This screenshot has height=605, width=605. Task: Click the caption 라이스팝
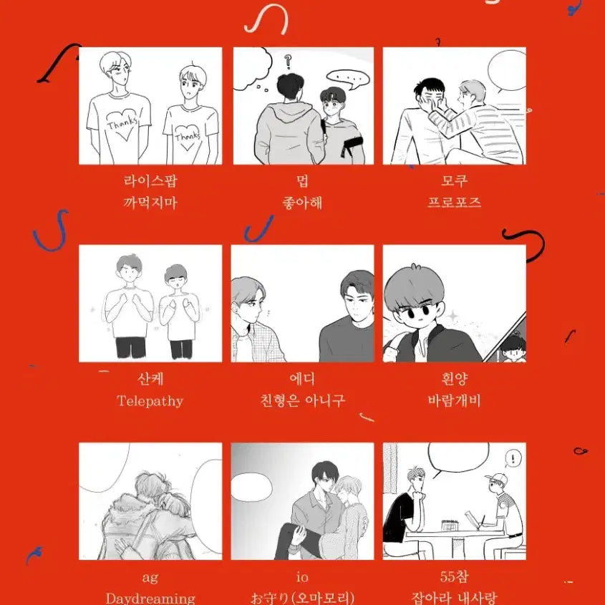pyautogui.click(x=150, y=181)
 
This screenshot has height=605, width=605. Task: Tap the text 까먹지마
pyautogui.click(x=150, y=203)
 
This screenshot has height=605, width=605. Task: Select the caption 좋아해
pyautogui.click(x=302, y=203)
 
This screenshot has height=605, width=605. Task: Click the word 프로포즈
pyautogui.click(x=454, y=203)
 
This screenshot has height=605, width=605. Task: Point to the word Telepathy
pyautogui.click(x=150, y=401)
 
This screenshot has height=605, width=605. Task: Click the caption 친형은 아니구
pyautogui.click(x=302, y=400)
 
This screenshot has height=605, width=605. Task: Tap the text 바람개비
pyautogui.click(x=454, y=400)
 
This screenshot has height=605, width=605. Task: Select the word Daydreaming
pyautogui.click(x=150, y=598)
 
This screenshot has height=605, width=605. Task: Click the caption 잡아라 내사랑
pyautogui.click(x=454, y=598)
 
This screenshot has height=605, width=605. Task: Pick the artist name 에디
pyautogui.click(x=302, y=379)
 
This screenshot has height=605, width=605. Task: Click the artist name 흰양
pyautogui.click(x=454, y=379)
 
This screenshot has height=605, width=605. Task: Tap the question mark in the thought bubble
pyautogui.click(x=289, y=60)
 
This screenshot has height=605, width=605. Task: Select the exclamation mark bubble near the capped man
pyautogui.click(x=510, y=458)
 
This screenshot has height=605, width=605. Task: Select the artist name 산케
pyautogui.click(x=150, y=379)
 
